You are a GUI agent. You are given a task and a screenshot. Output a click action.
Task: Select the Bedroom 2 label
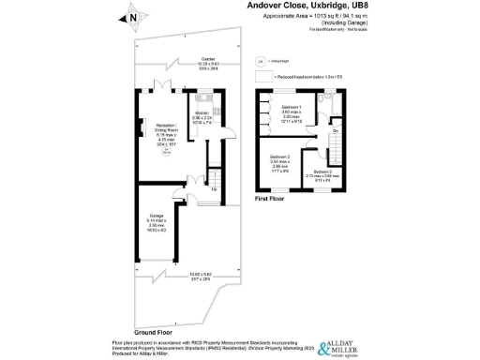(x=281, y=161)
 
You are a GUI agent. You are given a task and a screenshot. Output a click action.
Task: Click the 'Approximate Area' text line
(x=324, y=17)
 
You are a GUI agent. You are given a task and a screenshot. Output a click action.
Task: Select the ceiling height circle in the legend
(x=261, y=58)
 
